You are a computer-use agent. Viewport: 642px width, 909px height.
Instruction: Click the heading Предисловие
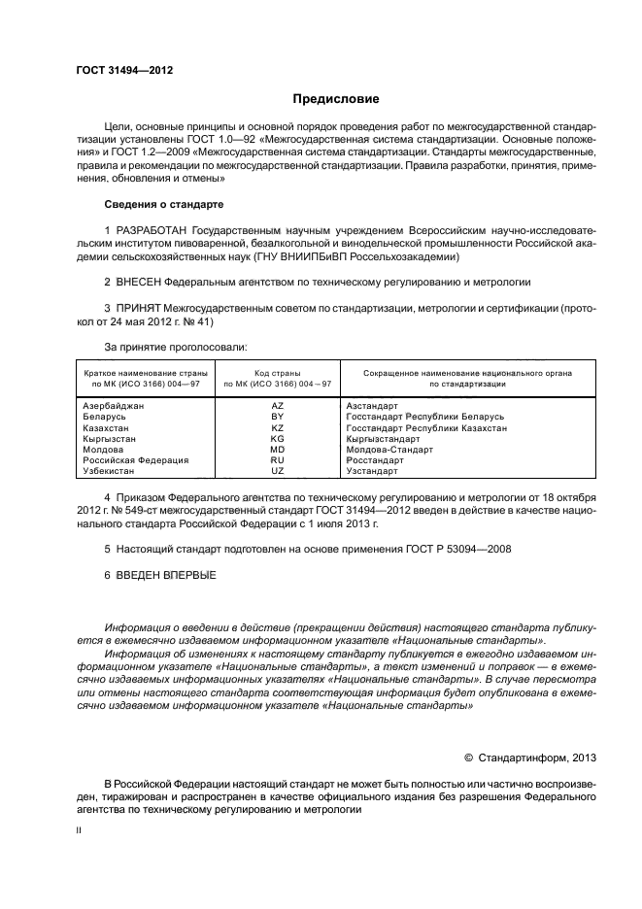coord(336,99)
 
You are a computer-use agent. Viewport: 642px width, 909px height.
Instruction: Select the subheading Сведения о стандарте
coord(163,205)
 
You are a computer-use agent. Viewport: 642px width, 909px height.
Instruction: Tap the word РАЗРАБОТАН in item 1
coord(154,230)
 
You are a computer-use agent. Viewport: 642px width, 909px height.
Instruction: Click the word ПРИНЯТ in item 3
coord(139,308)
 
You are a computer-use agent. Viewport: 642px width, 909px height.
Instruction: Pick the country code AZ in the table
coord(277,405)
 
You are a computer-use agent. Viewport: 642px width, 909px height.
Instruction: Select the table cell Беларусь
coord(104,416)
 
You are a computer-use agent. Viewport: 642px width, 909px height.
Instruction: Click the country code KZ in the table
coord(277,427)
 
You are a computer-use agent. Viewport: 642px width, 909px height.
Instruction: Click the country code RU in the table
coord(277,460)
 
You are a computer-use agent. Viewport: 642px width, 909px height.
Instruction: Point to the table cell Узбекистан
coord(109,471)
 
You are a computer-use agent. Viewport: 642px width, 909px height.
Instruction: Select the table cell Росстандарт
coord(375,460)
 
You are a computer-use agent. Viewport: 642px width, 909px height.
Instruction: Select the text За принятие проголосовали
coord(161,347)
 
